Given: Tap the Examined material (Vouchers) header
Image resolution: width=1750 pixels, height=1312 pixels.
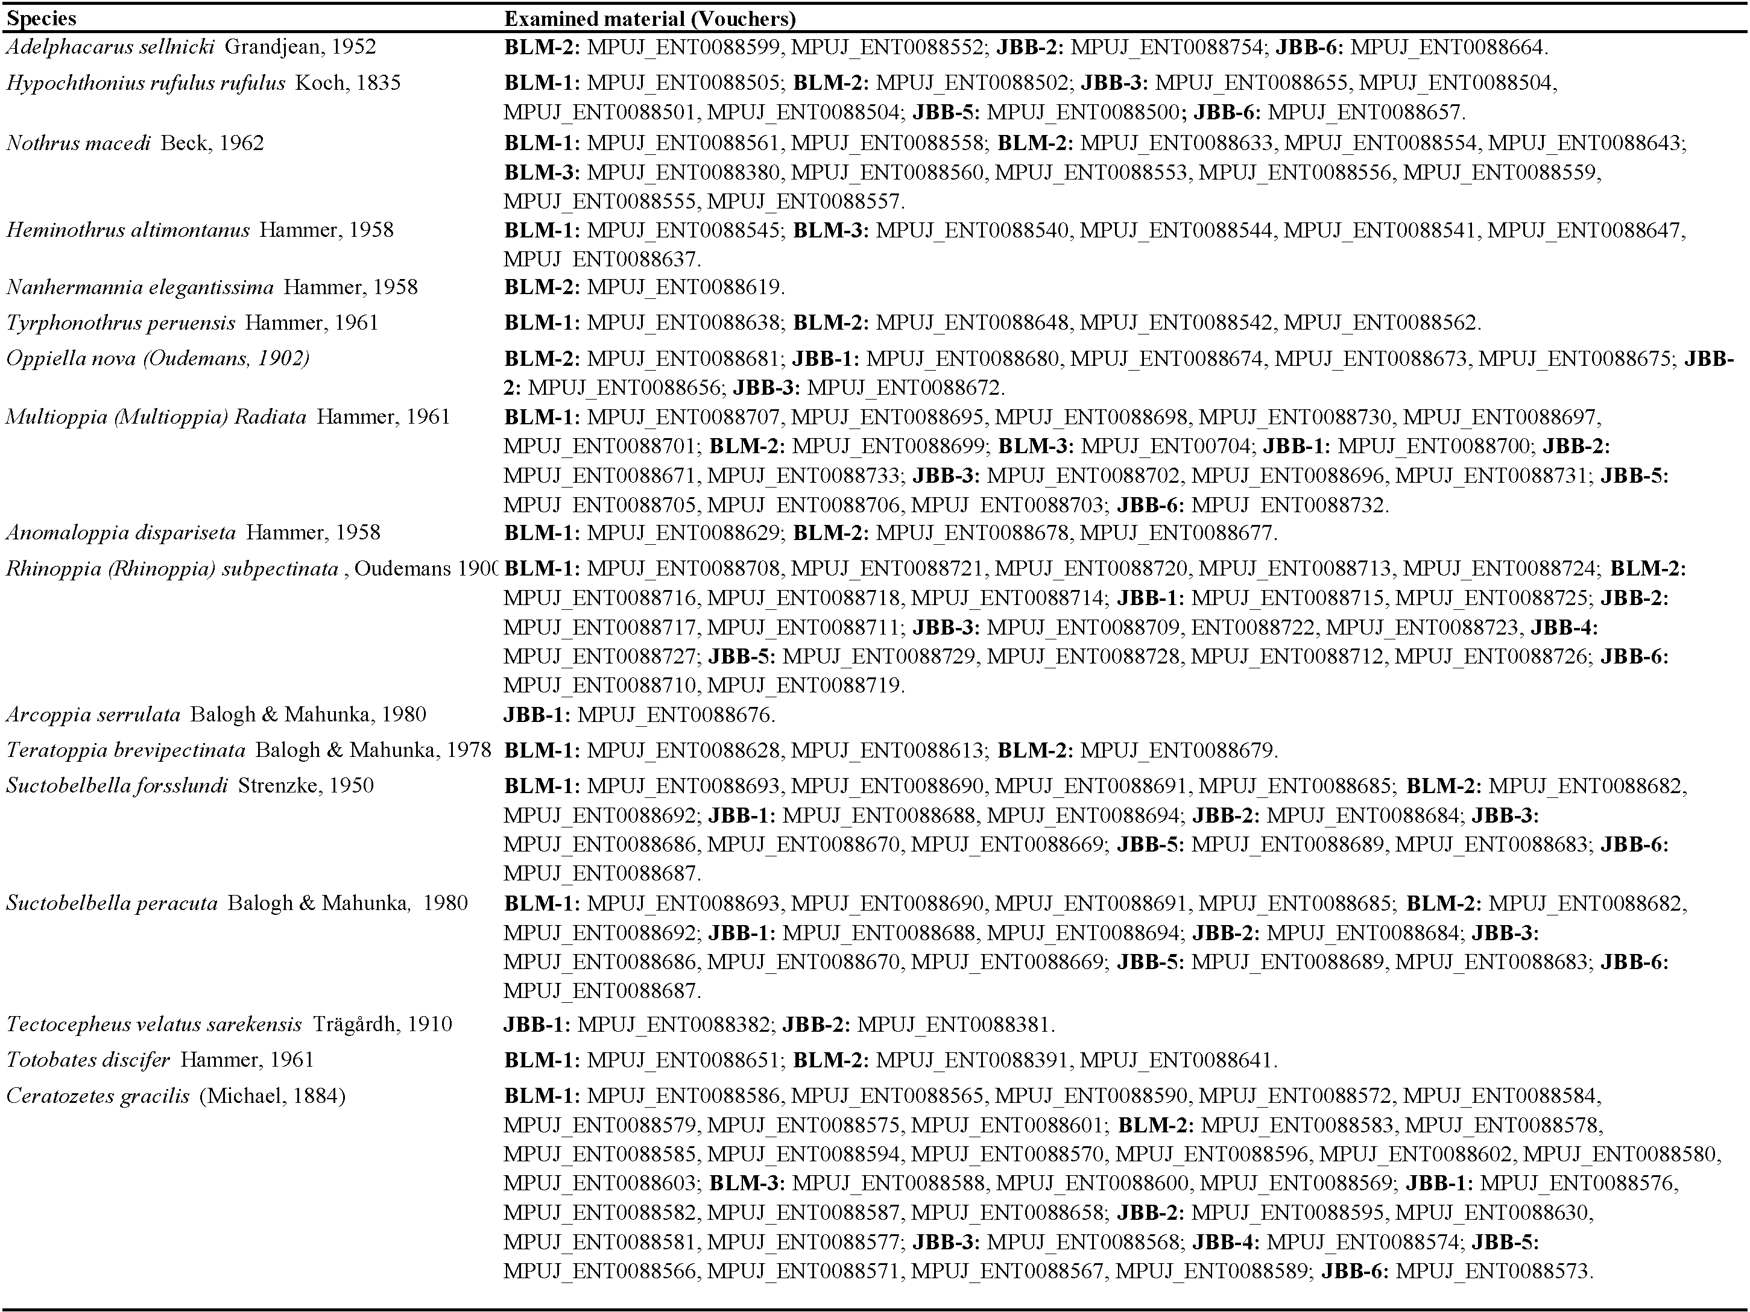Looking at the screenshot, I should [649, 18].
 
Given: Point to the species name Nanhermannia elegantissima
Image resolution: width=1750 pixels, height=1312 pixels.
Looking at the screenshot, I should [139, 286].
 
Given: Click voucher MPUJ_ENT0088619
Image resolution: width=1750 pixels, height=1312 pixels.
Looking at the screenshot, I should [685, 286].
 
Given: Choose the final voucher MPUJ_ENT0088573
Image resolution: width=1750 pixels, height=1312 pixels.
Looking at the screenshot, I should [1493, 1271].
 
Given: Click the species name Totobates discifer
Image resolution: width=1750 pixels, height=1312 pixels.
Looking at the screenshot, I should [88, 1059].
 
